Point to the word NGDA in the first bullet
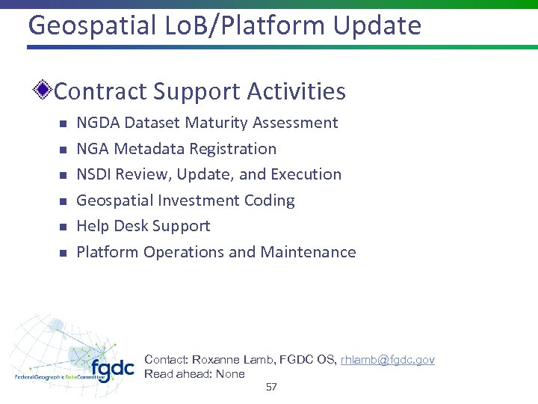click(99, 123)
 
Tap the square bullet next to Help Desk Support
click(63, 227)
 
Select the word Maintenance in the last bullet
click(308, 252)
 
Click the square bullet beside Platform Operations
click(63, 253)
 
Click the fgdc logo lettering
click(112, 368)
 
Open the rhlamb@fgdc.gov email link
click(387, 360)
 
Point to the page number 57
click(271, 388)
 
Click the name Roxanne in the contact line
click(217, 360)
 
